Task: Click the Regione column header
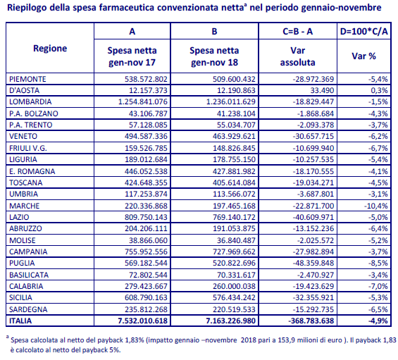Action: click(x=50, y=48)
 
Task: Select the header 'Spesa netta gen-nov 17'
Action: click(x=132, y=56)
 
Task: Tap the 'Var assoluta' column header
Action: click(x=297, y=56)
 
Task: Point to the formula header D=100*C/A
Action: click(x=363, y=31)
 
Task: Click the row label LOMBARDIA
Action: click(x=30, y=102)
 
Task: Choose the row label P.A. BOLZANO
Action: click(x=34, y=113)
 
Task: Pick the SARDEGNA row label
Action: click(x=28, y=309)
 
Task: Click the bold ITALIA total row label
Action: click(x=20, y=321)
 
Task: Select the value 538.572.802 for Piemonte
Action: click(x=146, y=79)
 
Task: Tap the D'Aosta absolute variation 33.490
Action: click(x=322, y=90)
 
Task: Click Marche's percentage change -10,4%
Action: click(x=376, y=206)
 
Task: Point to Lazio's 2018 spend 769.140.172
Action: click(x=234, y=217)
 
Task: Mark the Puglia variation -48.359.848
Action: click(x=313, y=263)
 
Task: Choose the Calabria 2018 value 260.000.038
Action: click(x=234, y=286)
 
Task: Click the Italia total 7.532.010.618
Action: click(x=143, y=321)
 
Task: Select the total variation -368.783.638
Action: click(x=311, y=321)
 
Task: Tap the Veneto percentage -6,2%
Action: click(x=378, y=136)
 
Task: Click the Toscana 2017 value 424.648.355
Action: click(x=146, y=182)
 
